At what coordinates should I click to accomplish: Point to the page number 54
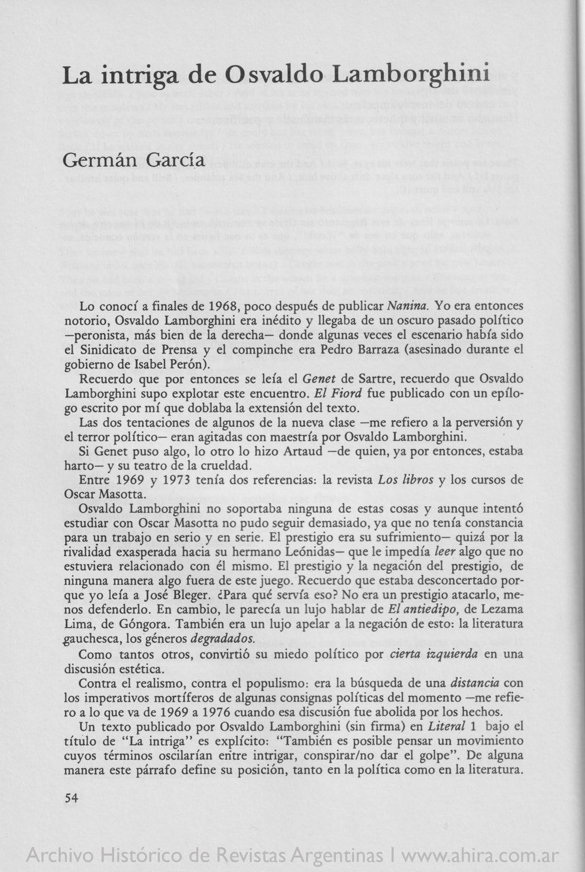(71, 798)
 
